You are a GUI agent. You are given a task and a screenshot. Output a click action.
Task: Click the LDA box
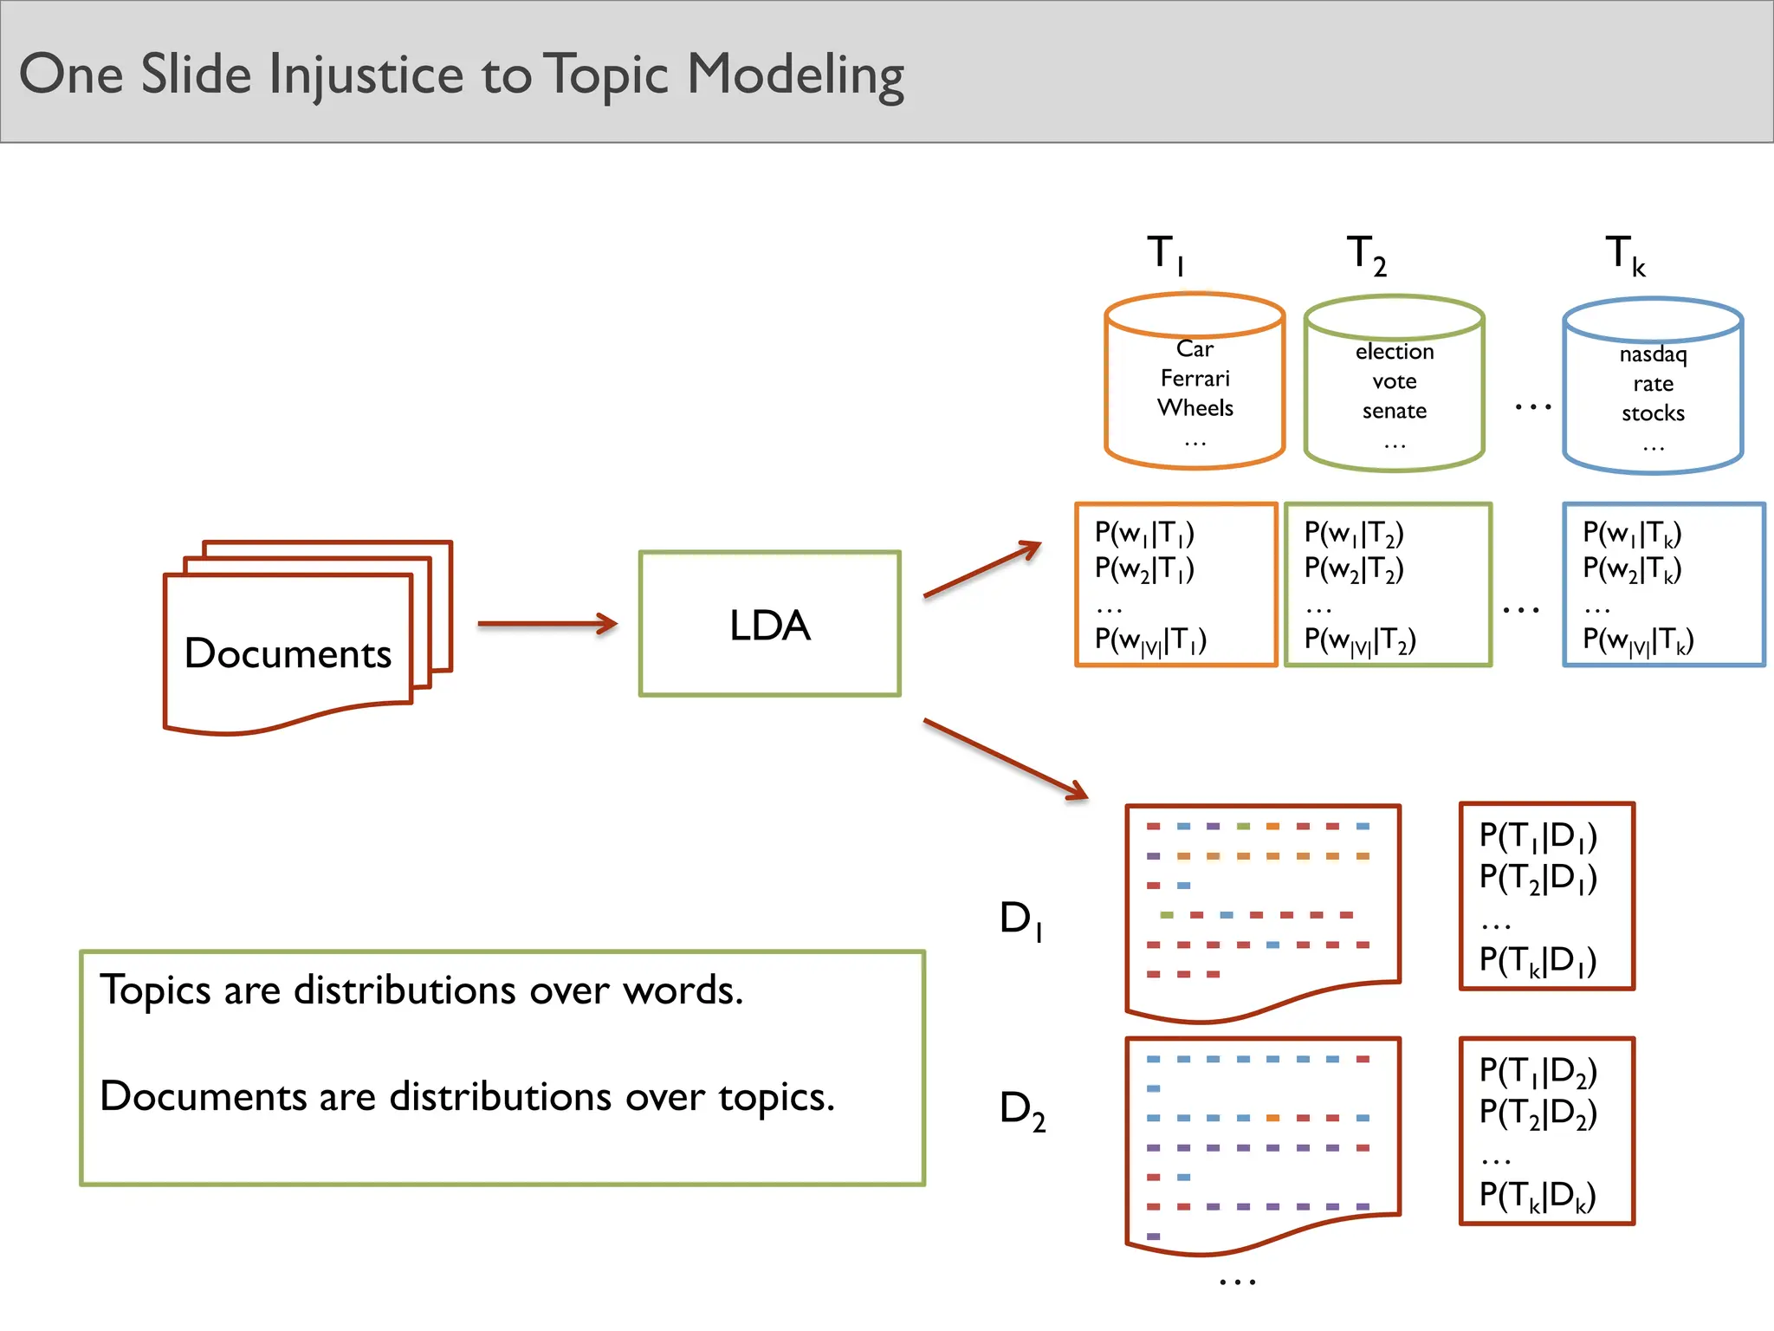coord(769,624)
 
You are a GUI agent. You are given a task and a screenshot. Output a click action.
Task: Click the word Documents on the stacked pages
coord(288,653)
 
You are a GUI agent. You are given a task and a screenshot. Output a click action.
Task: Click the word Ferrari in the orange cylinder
coord(1195,379)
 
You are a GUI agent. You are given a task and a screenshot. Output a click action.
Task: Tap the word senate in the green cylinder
coord(1394,411)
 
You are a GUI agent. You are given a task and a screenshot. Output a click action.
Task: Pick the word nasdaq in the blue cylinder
coord(1653,354)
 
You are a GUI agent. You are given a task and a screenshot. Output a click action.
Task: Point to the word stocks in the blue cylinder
coord(1653,413)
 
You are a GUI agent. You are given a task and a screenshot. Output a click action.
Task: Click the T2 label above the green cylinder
coord(1367,255)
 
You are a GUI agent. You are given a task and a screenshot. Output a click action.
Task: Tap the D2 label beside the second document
coord(1022,1109)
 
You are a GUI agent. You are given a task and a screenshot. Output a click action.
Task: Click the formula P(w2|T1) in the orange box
coord(1144,569)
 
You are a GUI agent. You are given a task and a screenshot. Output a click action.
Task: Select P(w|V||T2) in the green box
coord(1360,641)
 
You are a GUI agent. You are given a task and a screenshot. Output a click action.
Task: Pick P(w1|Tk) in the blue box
coord(1632,533)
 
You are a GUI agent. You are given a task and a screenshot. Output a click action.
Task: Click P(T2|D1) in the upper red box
coord(1538,878)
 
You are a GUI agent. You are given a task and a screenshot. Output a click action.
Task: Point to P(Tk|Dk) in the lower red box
coord(1538,1196)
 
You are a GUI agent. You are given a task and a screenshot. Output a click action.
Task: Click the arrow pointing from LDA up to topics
coord(982,569)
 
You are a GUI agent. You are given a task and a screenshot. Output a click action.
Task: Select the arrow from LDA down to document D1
coord(1005,759)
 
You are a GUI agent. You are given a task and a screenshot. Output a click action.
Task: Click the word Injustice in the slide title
coord(366,75)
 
